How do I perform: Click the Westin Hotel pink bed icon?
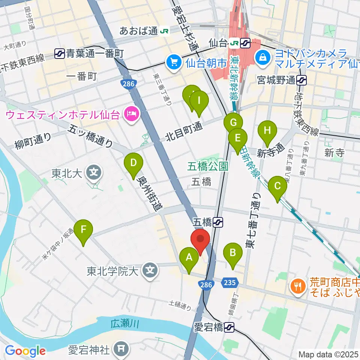132,112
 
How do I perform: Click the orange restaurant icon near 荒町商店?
298,287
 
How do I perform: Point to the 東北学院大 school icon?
150,269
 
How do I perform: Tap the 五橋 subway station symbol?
219,222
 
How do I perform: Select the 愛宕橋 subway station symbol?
230,327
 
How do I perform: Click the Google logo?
25,351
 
